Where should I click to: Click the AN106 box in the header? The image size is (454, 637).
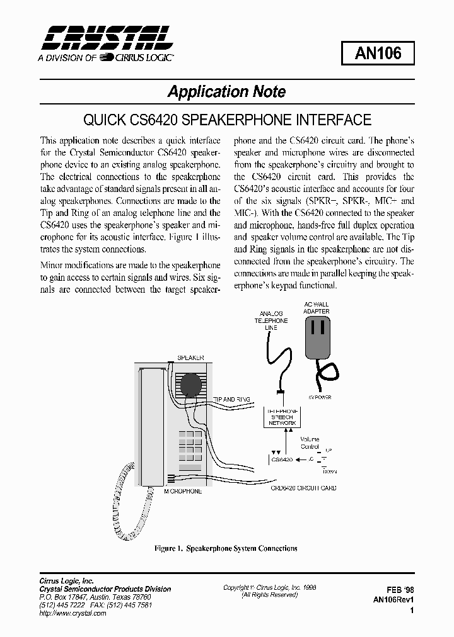tap(378, 54)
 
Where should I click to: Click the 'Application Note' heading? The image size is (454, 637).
tap(226, 92)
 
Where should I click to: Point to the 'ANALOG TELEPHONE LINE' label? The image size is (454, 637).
tap(271, 320)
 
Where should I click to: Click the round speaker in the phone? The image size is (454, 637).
tap(190, 385)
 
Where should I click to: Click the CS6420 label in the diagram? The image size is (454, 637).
tap(281, 460)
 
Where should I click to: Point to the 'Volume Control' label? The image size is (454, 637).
tap(309, 443)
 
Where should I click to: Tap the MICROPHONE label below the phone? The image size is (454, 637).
tap(183, 491)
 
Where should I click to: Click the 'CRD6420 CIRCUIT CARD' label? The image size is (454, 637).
tap(303, 488)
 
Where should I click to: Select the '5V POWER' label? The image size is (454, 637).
tap(320, 397)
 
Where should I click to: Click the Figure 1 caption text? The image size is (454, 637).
tap(226, 548)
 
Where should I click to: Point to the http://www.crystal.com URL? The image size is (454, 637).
tap(71, 613)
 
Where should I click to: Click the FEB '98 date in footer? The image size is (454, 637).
tap(400, 589)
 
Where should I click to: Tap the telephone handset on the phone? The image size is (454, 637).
tap(150, 428)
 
